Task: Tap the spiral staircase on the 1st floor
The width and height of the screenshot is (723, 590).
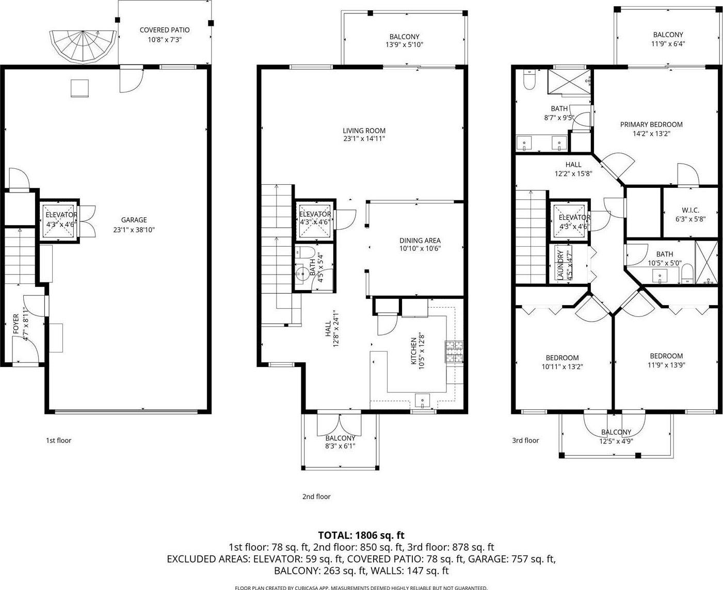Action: [83, 47]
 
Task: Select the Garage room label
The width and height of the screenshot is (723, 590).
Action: [134, 220]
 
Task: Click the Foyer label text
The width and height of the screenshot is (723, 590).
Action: [16, 324]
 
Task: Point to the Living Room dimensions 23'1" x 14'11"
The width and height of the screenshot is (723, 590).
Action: [364, 138]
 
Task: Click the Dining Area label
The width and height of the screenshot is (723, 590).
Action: [420, 241]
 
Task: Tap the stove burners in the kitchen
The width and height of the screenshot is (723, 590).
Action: [454, 352]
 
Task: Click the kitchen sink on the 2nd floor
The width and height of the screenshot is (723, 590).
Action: [423, 401]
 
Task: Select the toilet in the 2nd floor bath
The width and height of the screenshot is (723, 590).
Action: [305, 252]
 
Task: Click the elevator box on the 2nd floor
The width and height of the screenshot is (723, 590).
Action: [315, 221]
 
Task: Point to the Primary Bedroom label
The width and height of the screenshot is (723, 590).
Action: [651, 124]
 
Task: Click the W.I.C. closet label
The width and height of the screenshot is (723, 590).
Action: [690, 210]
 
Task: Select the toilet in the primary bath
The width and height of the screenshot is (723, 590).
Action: [529, 79]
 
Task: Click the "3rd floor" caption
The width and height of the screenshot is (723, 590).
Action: [525, 440]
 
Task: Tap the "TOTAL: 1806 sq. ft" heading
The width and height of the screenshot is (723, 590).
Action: [361, 535]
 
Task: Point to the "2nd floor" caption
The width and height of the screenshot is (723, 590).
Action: [316, 497]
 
